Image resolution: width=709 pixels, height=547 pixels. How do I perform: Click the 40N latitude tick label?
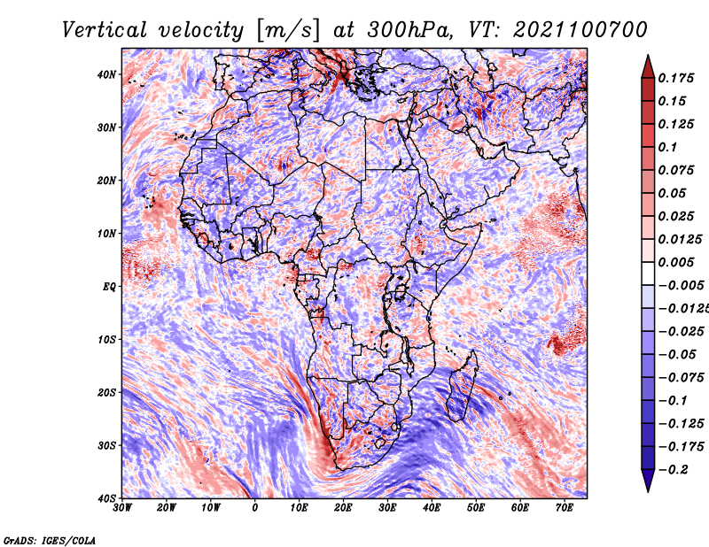[x=106, y=74]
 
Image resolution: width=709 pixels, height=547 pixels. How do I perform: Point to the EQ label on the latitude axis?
[x=109, y=287]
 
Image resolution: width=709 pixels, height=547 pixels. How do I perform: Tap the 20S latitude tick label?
[x=106, y=392]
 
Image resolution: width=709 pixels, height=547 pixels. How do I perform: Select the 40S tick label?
[x=106, y=498]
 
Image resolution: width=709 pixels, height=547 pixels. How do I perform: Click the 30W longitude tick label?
[x=122, y=508]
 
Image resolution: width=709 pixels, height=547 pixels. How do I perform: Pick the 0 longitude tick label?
[x=255, y=508]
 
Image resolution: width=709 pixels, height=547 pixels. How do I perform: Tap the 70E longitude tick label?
[x=565, y=508]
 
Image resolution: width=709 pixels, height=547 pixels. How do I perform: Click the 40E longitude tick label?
[x=432, y=508]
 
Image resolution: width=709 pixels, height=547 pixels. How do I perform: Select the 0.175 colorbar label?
[x=675, y=78]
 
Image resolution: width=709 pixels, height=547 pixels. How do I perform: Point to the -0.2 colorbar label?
[x=674, y=470]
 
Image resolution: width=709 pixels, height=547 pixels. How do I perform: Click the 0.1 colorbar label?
[x=667, y=147]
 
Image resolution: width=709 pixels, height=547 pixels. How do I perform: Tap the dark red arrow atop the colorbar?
[x=648, y=67]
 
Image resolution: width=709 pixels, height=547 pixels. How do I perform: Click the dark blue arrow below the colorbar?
[x=648, y=481]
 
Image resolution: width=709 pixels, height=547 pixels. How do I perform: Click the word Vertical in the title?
[x=105, y=30]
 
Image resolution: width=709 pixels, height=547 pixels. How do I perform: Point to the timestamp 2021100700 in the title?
[x=580, y=30]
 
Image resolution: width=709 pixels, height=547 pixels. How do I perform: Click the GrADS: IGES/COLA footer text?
[x=50, y=540]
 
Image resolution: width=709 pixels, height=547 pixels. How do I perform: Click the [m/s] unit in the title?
[x=288, y=31]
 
